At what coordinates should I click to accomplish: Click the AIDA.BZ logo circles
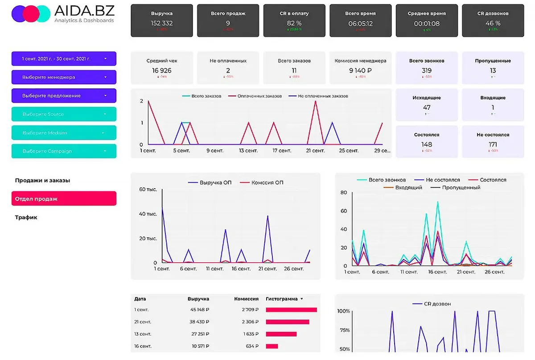click(x=30, y=14)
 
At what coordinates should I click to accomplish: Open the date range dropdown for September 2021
click(x=64, y=58)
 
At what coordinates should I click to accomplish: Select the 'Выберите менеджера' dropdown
click(x=64, y=77)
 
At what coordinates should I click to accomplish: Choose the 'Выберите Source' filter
click(x=64, y=114)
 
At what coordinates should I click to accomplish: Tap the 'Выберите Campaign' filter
click(x=64, y=151)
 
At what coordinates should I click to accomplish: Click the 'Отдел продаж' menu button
click(x=64, y=199)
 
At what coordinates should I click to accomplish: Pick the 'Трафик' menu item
click(x=26, y=218)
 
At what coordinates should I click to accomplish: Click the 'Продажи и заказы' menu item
click(x=42, y=181)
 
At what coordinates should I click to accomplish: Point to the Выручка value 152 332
click(x=162, y=23)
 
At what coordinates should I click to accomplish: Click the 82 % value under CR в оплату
click(x=294, y=23)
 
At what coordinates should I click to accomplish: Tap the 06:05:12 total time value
click(x=360, y=23)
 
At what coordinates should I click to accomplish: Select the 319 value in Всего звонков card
click(x=427, y=70)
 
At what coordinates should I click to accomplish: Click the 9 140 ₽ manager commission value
click(x=360, y=70)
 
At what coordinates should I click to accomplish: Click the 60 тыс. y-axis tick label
click(x=148, y=190)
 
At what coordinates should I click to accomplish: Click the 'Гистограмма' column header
click(x=282, y=299)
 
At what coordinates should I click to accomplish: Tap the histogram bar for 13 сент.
click(x=281, y=334)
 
